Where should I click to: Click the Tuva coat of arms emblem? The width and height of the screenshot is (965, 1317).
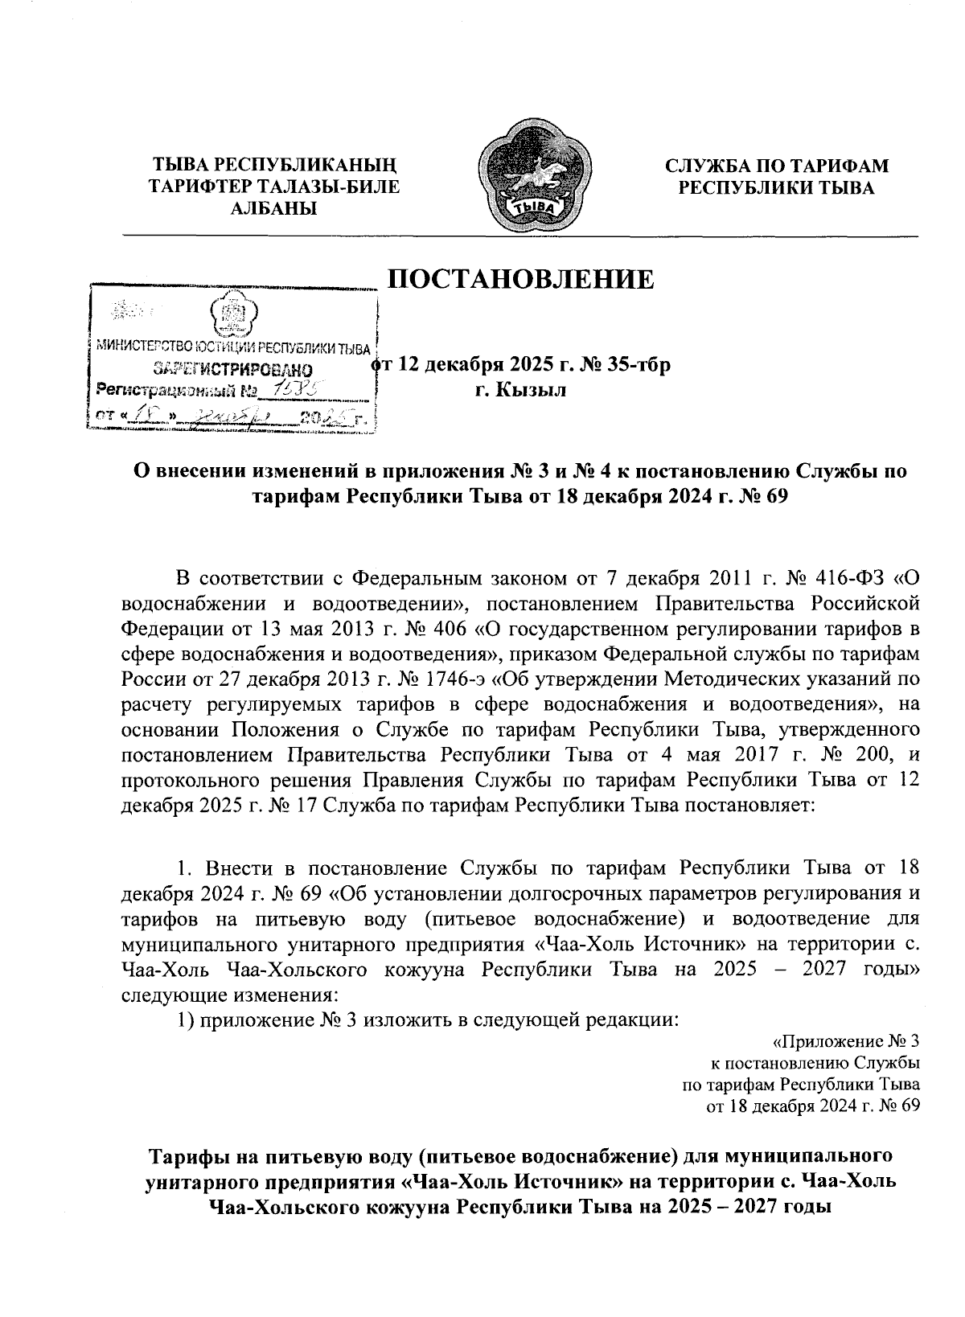click(x=532, y=176)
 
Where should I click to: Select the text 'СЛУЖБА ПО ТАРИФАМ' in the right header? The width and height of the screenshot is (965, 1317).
click(x=776, y=166)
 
